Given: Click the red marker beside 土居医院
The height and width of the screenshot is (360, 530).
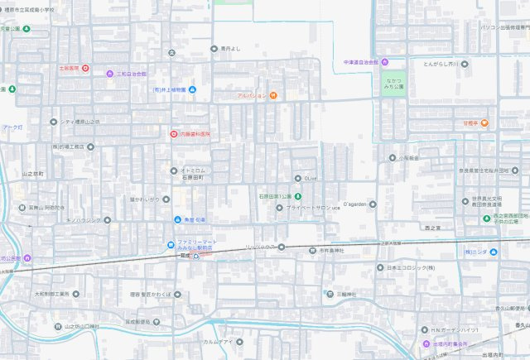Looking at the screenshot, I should click(85, 68).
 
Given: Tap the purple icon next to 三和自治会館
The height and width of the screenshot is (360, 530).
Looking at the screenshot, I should click(110, 74).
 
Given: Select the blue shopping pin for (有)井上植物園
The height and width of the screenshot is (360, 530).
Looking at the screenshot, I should click(192, 89).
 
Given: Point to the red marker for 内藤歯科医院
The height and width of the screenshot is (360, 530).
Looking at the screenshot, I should click(172, 133).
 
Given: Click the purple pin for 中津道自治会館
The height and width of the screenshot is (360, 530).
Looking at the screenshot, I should click(385, 62).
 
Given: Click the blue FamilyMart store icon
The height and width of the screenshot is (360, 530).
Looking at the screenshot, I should click(172, 244).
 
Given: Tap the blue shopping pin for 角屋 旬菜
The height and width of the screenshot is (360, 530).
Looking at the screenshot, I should click(177, 219).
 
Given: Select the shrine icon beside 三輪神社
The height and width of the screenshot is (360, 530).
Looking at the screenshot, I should click(328, 294).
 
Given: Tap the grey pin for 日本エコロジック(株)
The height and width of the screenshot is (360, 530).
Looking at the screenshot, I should click(378, 268).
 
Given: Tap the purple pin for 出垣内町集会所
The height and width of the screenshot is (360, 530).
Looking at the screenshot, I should click(425, 343).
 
